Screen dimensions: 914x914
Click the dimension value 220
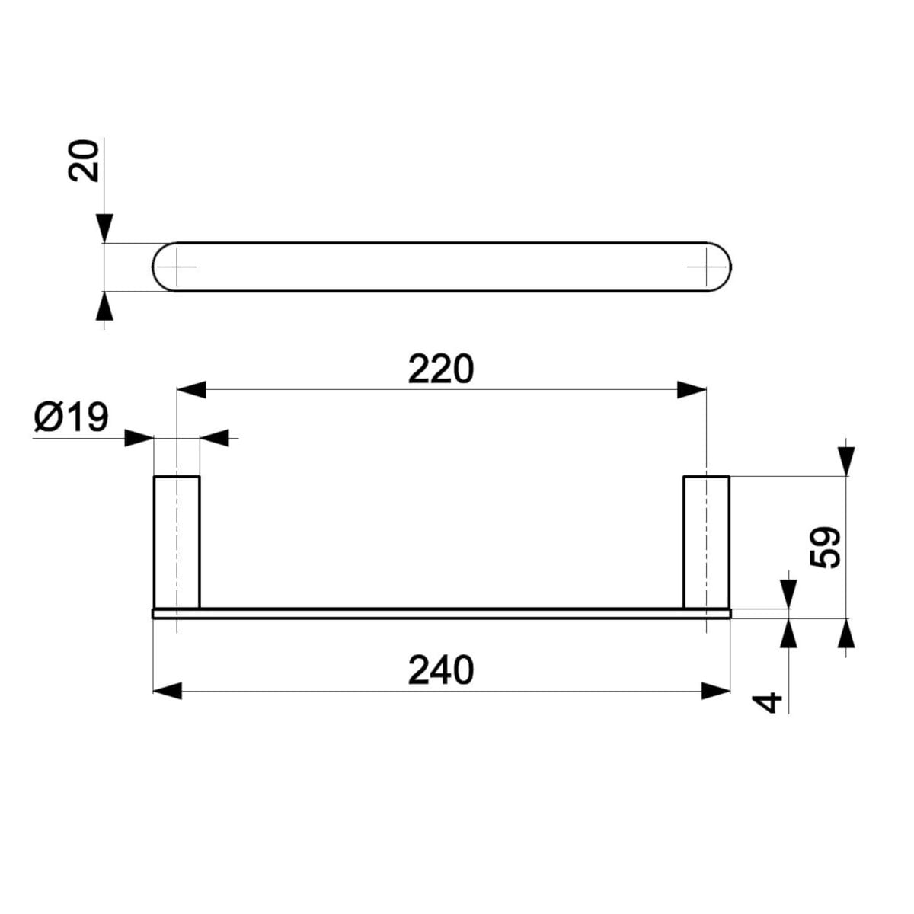pos(441,369)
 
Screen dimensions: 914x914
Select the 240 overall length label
pos(441,670)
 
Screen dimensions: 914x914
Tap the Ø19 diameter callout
pos(72,417)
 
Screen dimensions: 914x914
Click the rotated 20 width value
pos(84,160)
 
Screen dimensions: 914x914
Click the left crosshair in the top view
pos(177,267)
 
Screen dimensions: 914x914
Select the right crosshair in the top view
pos(706,267)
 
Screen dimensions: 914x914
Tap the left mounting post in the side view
pos(177,542)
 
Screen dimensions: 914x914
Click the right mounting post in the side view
pos(706,542)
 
